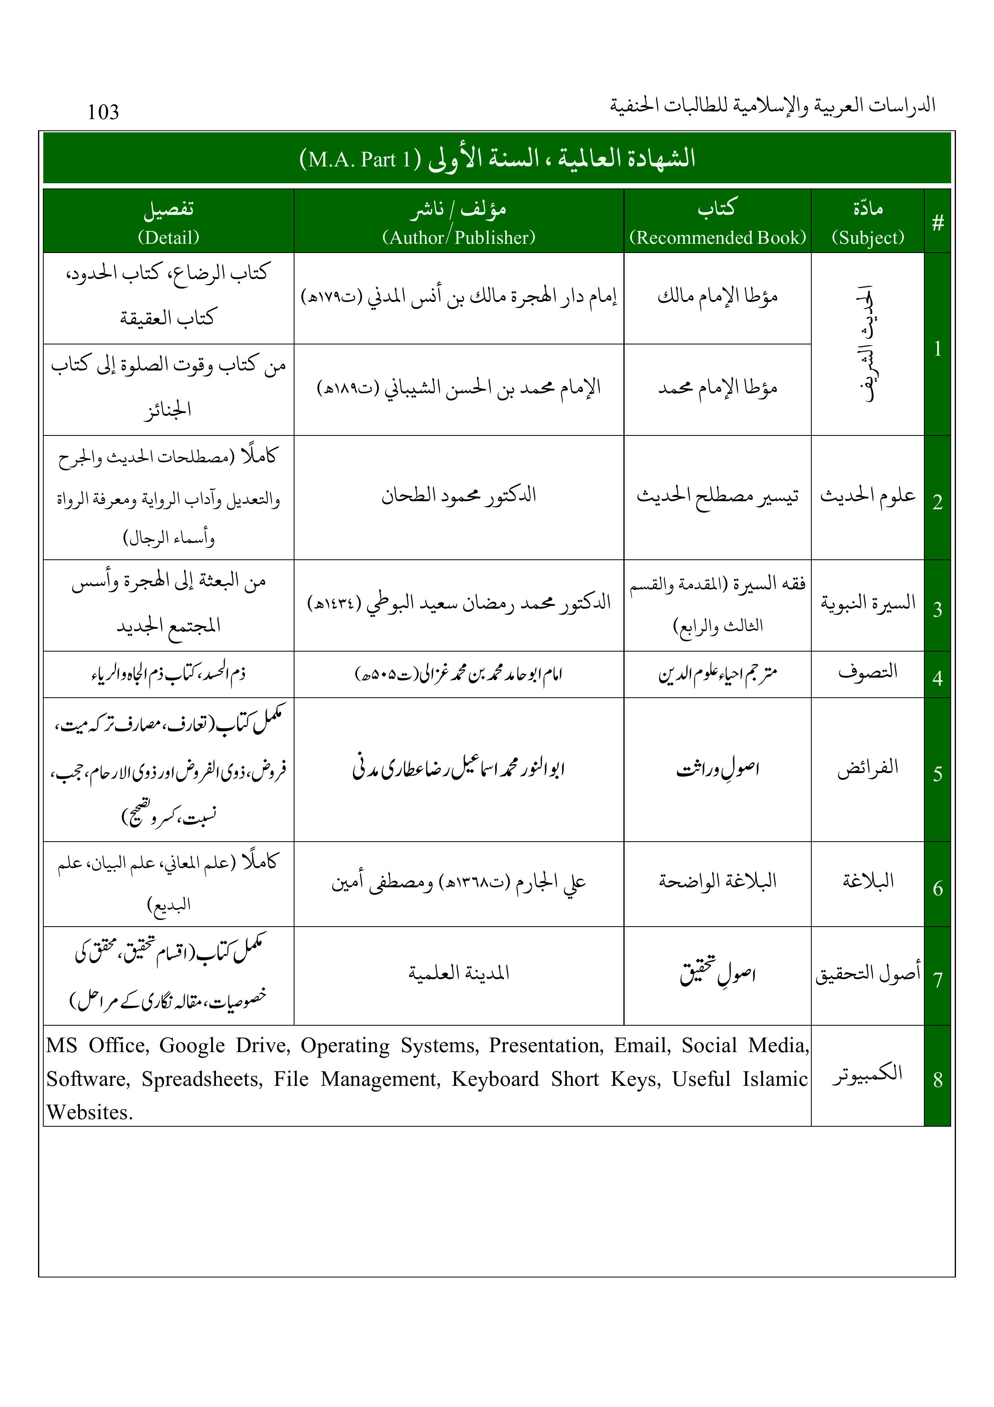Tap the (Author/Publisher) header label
(459, 237)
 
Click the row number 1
(937, 349)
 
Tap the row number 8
(937, 1080)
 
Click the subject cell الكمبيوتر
(867, 1074)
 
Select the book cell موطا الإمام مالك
(717, 297)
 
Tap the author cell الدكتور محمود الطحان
(459, 495)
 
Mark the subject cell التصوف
(867, 672)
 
